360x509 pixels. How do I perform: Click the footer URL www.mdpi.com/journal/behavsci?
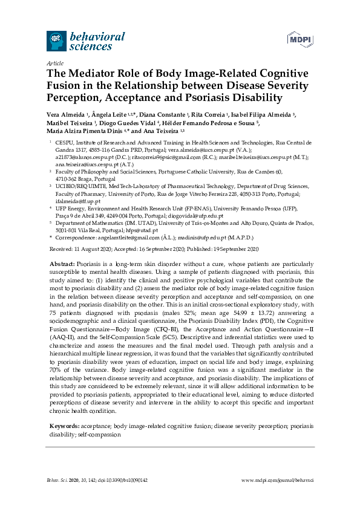coord(278,479)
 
